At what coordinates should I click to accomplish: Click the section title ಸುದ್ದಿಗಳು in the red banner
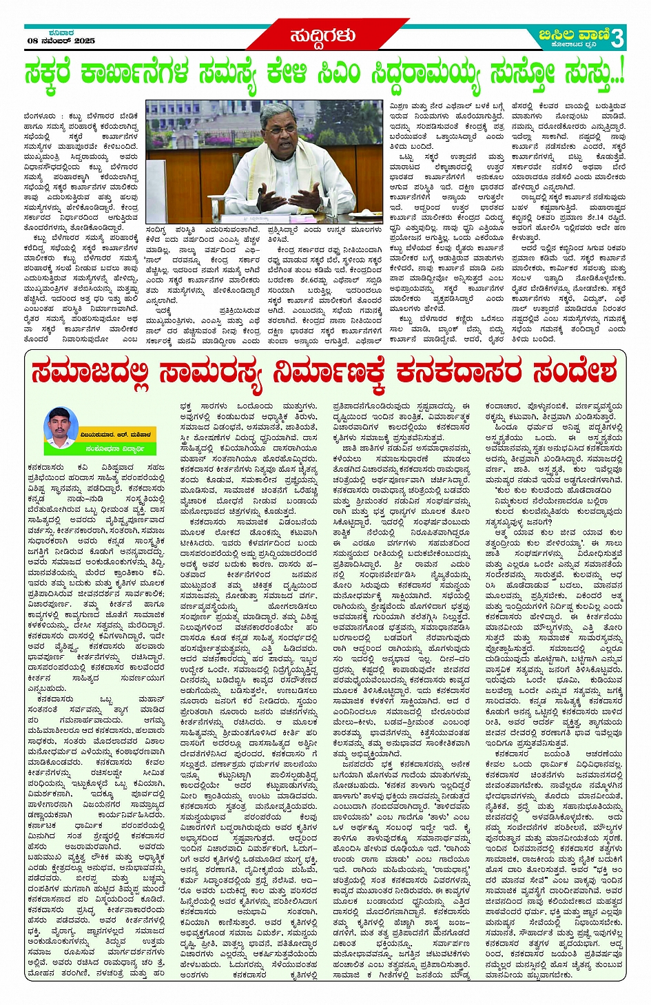(322, 36)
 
